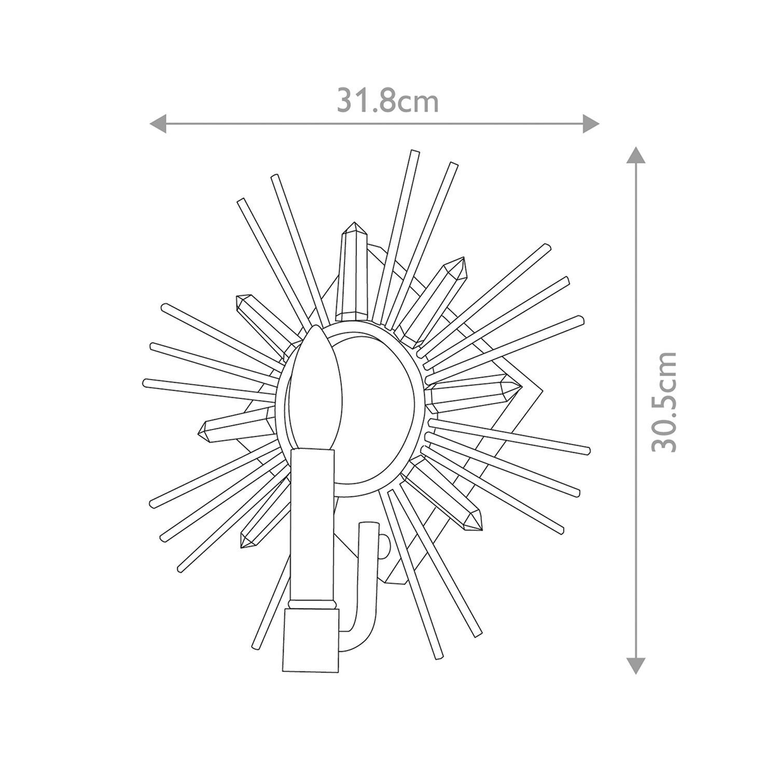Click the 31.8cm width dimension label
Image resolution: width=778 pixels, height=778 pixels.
coord(387,101)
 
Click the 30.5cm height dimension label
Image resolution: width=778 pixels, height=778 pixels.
coord(664,402)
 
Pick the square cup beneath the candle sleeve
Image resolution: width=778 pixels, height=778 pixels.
coord(311,641)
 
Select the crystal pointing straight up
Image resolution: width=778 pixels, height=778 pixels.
coord(353,270)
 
